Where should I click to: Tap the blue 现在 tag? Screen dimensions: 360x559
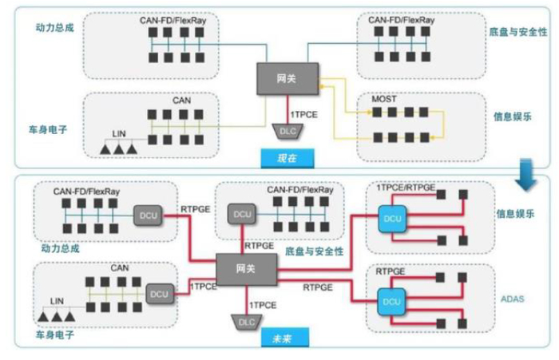(x=287, y=157)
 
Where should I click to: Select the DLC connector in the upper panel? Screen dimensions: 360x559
(x=286, y=129)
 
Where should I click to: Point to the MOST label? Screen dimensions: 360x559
(x=384, y=100)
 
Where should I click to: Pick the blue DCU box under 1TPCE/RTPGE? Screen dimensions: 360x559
(x=391, y=217)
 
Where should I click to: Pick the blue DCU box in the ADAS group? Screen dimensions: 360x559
(x=391, y=303)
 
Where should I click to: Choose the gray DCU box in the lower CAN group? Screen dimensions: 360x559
(x=159, y=295)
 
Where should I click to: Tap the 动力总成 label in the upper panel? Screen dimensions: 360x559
(x=54, y=27)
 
